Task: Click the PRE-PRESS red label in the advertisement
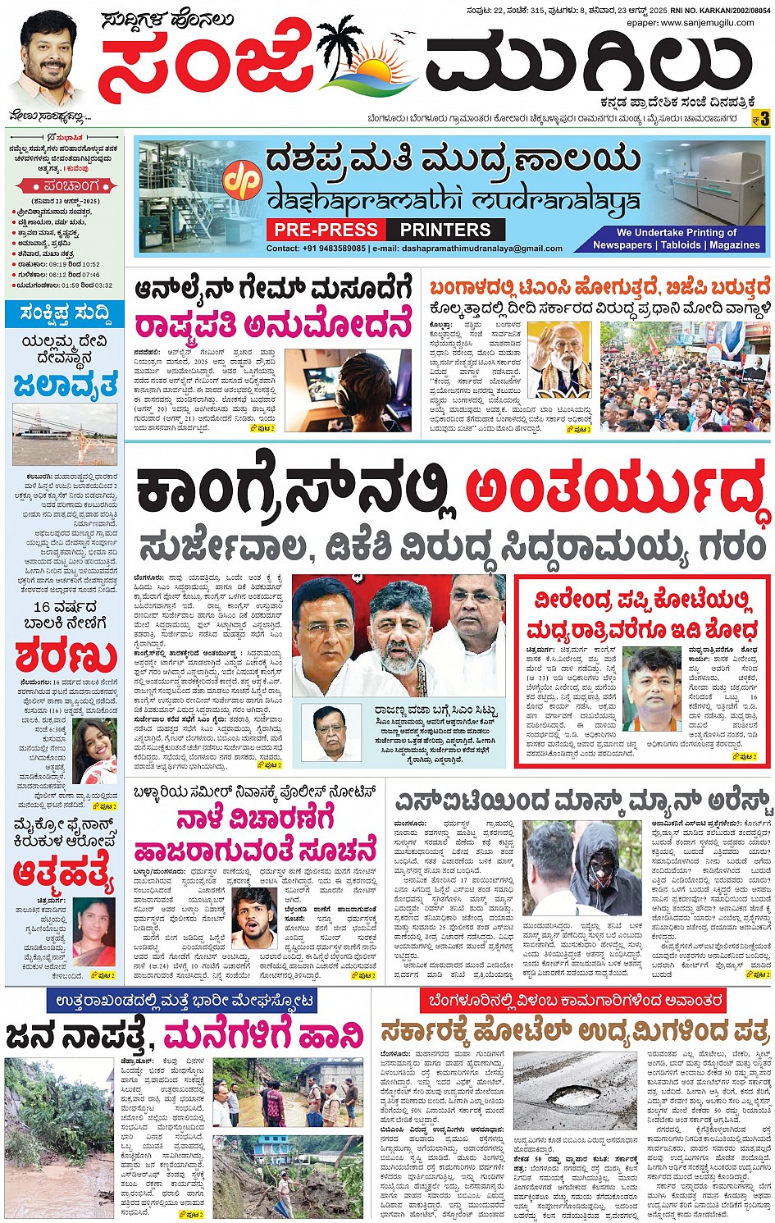pos(326,230)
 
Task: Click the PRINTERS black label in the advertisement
pos(445,230)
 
